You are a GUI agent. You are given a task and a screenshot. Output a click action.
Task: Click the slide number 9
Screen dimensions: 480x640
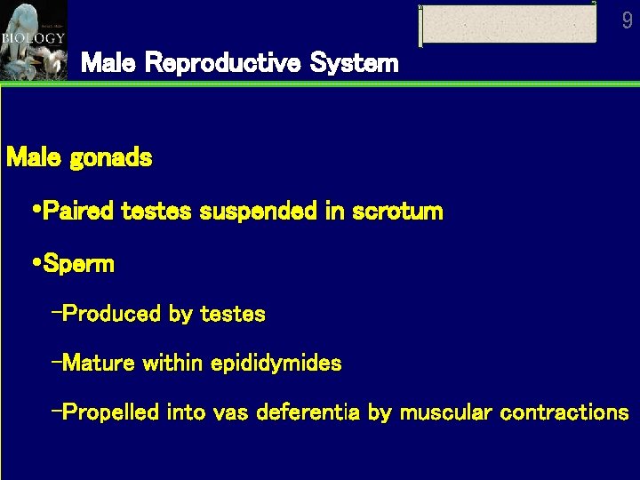coord(628,20)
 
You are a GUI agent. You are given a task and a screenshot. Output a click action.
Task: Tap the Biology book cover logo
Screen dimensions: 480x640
coord(33,40)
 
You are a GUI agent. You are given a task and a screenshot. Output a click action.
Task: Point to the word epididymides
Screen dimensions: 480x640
coord(276,363)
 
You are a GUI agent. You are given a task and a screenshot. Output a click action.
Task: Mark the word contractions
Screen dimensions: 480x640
coord(564,412)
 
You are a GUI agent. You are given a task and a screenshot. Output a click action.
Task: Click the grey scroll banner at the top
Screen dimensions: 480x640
coord(508,24)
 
